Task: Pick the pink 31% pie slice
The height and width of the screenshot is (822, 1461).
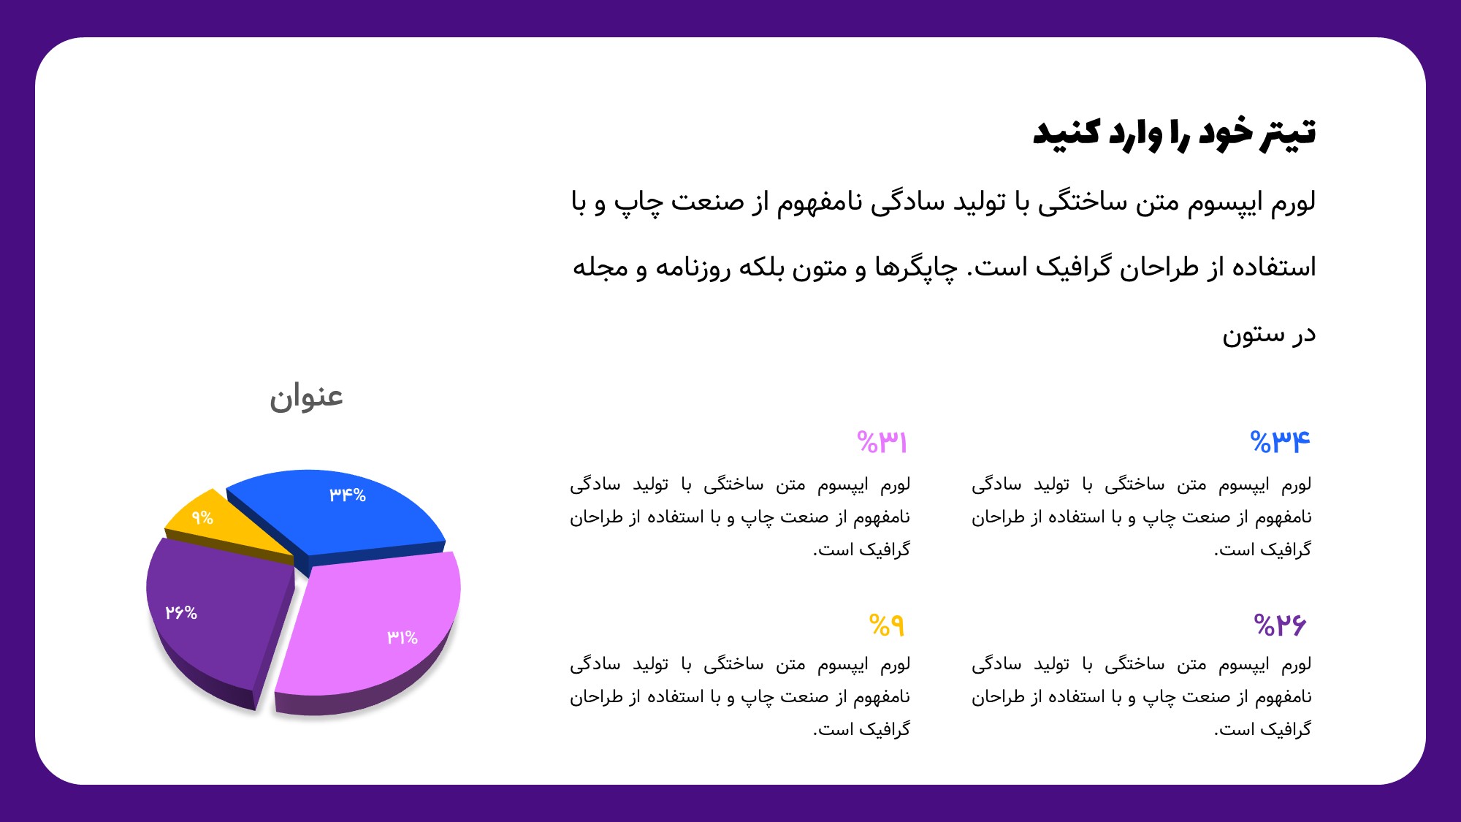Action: click(373, 628)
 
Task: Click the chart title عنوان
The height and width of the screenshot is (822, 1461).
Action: click(306, 397)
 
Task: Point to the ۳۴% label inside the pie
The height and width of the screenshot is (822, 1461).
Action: click(347, 495)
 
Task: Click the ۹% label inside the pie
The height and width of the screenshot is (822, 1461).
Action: click(202, 518)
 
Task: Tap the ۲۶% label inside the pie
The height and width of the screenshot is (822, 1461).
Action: click(181, 612)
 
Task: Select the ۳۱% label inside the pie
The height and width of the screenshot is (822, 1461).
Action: click(403, 637)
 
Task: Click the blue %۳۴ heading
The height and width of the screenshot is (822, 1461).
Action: click(1281, 442)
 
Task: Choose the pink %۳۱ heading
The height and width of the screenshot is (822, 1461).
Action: click(882, 442)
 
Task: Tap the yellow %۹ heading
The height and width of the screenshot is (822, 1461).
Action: click(887, 625)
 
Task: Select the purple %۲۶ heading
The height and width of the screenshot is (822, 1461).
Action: click(1280, 625)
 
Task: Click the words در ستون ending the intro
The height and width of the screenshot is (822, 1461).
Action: click(1269, 334)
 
